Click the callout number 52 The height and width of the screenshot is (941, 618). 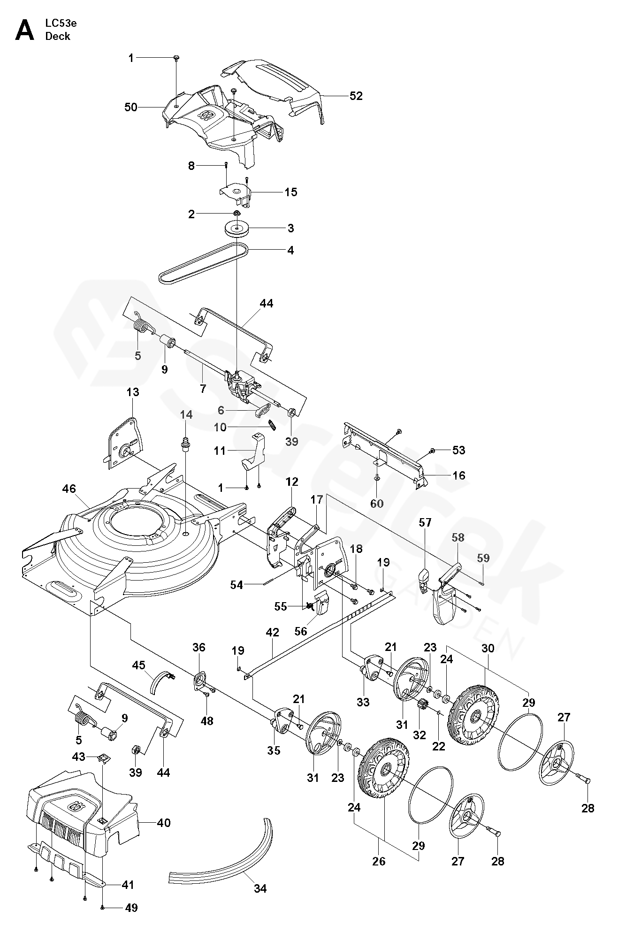[356, 96]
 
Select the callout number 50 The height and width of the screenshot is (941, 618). [131, 107]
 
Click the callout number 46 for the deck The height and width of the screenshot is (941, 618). [69, 489]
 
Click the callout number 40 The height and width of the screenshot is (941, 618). [164, 823]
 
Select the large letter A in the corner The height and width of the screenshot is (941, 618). [25, 31]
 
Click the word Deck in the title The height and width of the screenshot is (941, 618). [58, 37]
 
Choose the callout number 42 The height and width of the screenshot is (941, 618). [272, 632]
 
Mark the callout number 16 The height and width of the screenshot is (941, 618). [458, 475]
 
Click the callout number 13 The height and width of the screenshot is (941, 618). [133, 392]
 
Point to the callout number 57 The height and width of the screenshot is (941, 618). [426, 522]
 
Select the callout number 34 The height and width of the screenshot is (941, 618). [260, 888]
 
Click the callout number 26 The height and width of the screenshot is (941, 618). [379, 861]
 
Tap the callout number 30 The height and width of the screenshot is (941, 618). [488, 648]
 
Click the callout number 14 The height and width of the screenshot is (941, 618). [186, 414]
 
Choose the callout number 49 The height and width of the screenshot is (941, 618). [132, 921]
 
